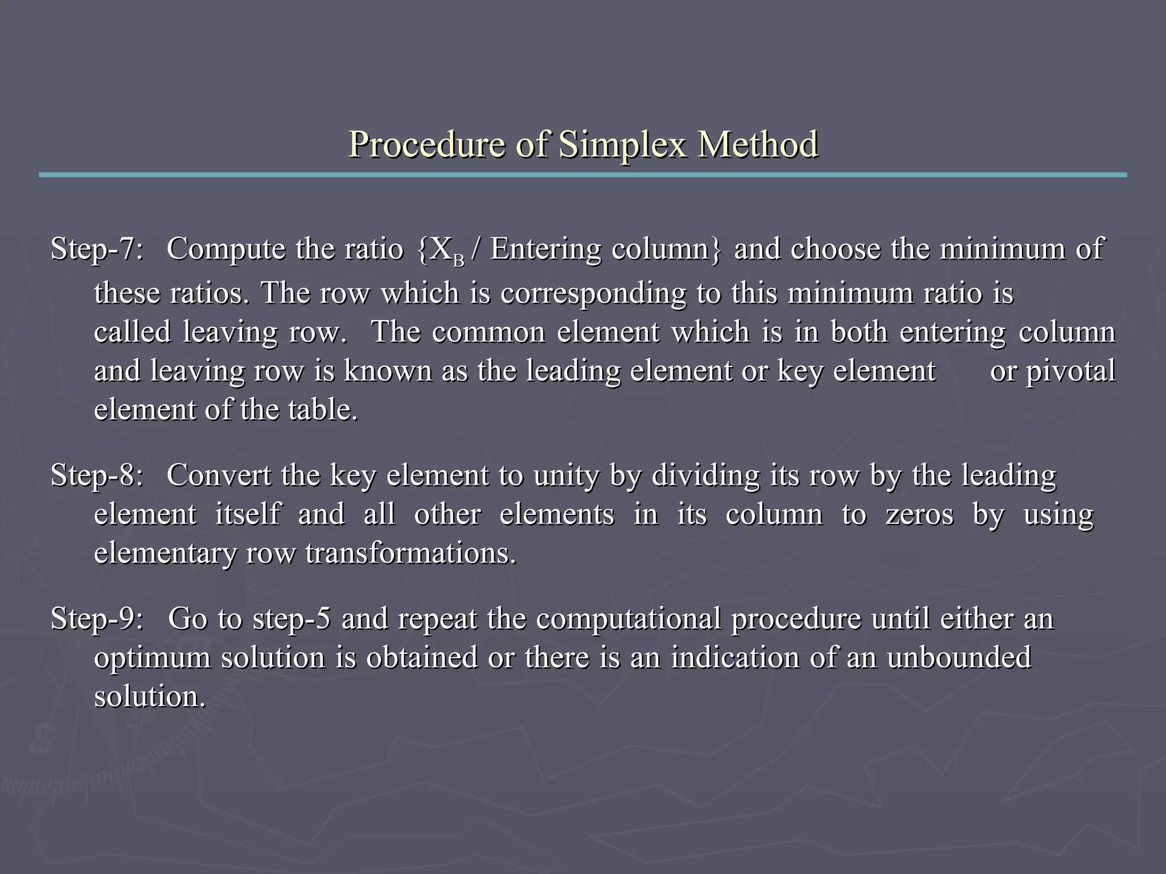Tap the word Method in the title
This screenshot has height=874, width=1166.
[x=758, y=145]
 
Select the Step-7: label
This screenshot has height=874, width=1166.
[x=97, y=249]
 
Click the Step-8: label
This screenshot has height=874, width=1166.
[x=97, y=475]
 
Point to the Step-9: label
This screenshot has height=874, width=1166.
[x=97, y=619]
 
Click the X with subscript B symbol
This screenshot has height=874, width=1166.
[x=447, y=251]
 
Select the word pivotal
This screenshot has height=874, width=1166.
[x=1070, y=371]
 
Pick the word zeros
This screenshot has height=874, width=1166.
[x=919, y=514]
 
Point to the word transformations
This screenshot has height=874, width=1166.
[x=410, y=553]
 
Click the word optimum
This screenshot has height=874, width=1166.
[x=152, y=658]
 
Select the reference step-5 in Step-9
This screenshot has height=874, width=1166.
[x=291, y=619]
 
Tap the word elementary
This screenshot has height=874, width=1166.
[x=165, y=553]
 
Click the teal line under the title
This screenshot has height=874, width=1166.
[x=582, y=175]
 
